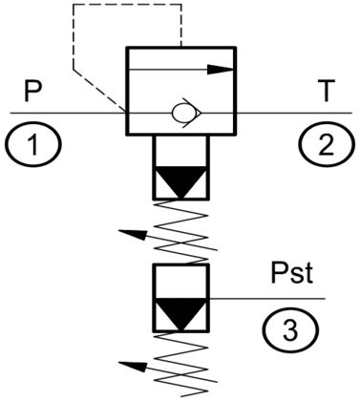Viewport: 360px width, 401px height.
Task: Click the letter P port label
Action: [33, 92]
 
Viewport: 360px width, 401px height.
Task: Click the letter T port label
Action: [327, 92]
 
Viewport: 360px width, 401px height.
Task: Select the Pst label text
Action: [291, 273]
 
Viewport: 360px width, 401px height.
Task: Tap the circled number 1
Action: [33, 144]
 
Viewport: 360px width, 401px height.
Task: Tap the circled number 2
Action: [327, 144]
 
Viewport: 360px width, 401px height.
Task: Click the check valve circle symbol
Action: [180, 113]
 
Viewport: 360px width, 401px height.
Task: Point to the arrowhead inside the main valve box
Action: [221, 70]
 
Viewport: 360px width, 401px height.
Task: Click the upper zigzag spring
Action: [181, 232]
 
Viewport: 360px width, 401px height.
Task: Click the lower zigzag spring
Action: [181, 366]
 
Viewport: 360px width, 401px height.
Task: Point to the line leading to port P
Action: [69, 113]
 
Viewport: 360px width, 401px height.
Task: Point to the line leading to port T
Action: [294, 113]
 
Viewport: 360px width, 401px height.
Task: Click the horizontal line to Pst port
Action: [267, 299]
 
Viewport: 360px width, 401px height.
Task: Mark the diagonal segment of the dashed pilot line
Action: [99, 91]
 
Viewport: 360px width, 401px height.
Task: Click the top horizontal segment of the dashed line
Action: [127, 4]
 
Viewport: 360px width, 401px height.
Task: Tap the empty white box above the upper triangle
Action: [181, 151]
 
